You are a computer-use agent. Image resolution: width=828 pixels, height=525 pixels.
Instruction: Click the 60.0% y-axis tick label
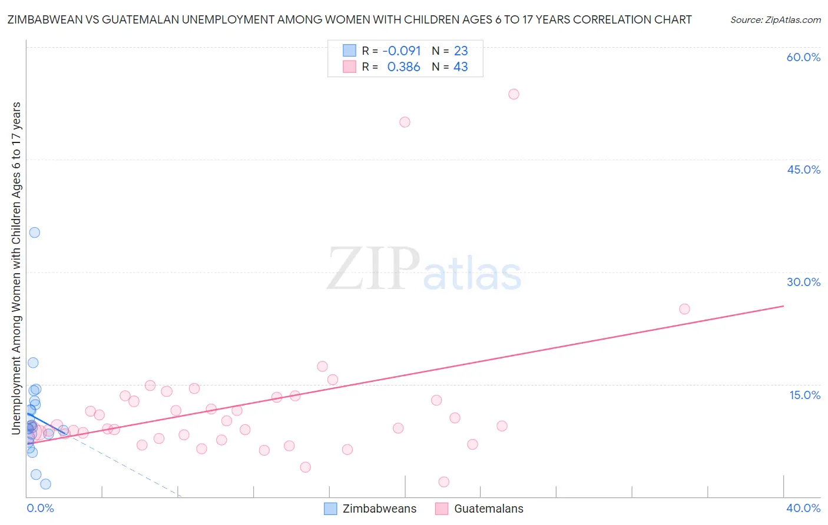point(803,57)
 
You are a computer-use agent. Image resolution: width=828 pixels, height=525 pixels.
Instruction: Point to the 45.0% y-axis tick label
point(803,170)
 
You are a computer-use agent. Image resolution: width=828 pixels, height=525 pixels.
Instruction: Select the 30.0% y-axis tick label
point(803,282)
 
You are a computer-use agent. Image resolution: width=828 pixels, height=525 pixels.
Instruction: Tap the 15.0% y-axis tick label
point(804,395)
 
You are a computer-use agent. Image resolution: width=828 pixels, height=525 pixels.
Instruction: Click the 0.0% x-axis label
point(40,508)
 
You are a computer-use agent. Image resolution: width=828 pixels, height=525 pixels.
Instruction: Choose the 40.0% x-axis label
point(803,508)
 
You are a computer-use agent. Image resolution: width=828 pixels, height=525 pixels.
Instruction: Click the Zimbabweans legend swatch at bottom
point(331,509)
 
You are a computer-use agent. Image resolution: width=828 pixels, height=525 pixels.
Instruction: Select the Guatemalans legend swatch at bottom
point(442,509)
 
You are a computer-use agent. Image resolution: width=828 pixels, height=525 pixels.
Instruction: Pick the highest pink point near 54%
point(514,94)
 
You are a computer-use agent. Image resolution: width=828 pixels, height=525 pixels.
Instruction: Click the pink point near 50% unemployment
point(405,122)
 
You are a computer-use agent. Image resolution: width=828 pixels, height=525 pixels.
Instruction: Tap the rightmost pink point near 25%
point(684,309)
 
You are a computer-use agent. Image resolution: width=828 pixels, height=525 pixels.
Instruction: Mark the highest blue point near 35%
point(35,232)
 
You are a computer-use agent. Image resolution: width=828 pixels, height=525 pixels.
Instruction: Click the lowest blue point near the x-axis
point(45,484)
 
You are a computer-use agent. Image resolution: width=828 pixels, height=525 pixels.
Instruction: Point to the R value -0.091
point(402,51)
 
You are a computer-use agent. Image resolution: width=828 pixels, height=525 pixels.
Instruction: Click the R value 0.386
point(403,67)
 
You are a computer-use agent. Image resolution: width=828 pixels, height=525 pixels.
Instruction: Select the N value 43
point(461,67)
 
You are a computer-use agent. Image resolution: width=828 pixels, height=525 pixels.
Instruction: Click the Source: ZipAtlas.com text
point(775,20)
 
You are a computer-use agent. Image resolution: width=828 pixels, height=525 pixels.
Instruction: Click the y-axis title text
point(16,268)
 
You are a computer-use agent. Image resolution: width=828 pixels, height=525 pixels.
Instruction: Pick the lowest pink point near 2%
point(444,482)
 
